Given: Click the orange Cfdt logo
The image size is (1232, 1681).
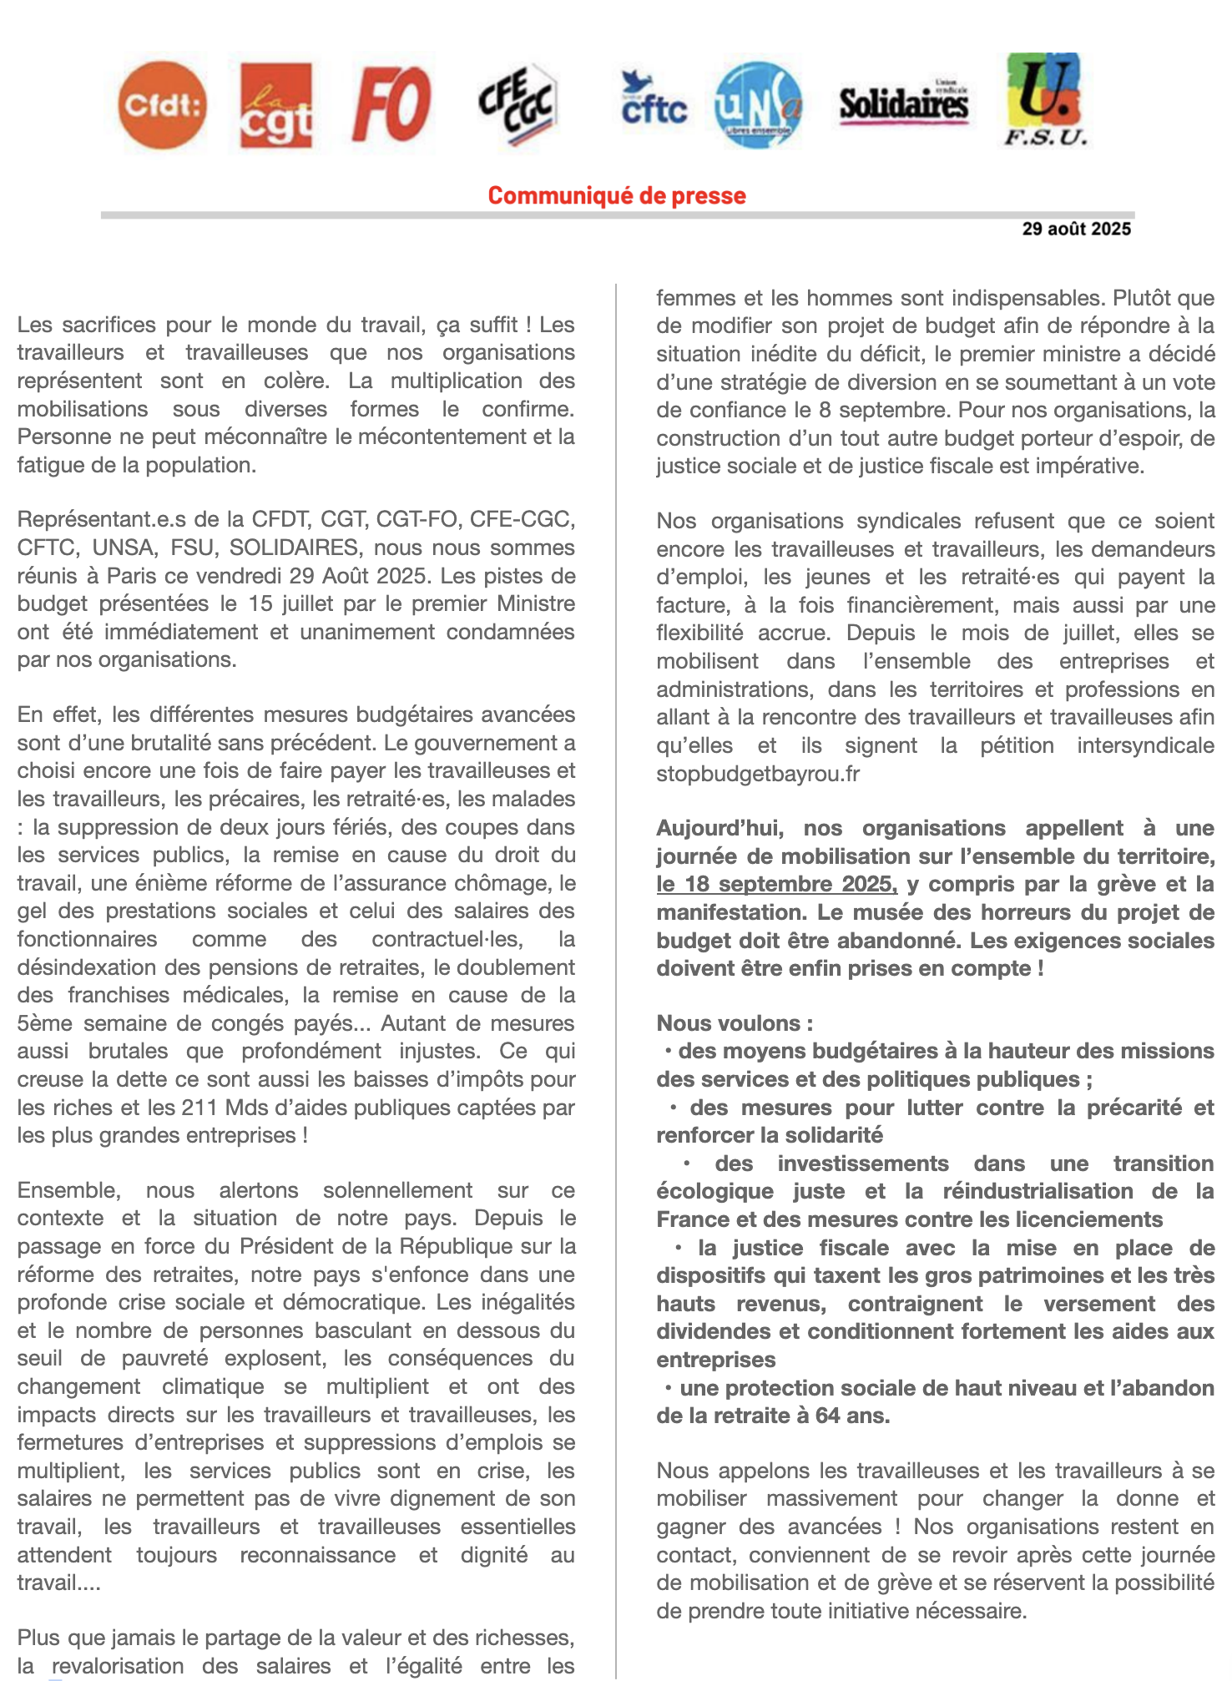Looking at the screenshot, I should pos(162,105).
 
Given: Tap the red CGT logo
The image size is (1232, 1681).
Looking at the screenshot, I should pos(275,105).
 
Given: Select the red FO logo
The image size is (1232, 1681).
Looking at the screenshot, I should pos(391,104).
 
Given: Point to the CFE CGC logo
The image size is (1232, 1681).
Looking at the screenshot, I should pos(517,105).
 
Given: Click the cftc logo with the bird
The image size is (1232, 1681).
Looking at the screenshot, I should pos(654,100).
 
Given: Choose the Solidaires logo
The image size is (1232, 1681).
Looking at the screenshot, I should pos(903,104).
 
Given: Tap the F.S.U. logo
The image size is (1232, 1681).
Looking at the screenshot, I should pos(1044,100).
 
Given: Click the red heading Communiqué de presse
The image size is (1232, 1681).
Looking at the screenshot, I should pos(617,195).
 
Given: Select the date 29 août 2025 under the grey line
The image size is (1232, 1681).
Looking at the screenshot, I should pos(1076,229).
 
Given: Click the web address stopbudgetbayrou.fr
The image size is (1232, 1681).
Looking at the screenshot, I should pos(757,774).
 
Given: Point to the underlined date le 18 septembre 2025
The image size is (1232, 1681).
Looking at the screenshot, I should pos(776,884).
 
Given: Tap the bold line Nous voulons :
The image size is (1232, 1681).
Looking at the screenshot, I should pos(735,1023).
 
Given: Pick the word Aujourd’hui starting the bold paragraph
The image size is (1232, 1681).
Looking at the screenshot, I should pos(720,828).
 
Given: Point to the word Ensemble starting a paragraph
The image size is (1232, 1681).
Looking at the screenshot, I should pos(68,1190).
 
